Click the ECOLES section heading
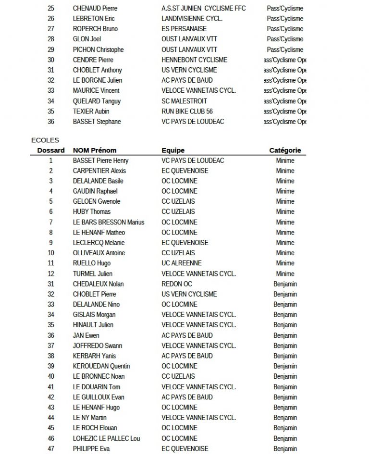[45, 140]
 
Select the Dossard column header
[51, 150]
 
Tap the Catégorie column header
[285, 150]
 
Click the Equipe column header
[173, 150]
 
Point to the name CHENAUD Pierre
[95, 9]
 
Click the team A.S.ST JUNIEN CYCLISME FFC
[204, 9]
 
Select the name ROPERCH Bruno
[95, 29]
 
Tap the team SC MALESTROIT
[184, 101]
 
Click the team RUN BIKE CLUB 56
[187, 111]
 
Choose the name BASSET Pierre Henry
[100, 161]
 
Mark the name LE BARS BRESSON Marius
[109, 222]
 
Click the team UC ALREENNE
[182, 263]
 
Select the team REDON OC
[177, 284]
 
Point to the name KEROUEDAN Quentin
[101, 366]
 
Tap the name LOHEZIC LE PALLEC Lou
[106, 438]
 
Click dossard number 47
[51, 449]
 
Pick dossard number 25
[51, 9]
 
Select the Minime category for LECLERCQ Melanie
[285, 243]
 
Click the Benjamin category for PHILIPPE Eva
[285, 449]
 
